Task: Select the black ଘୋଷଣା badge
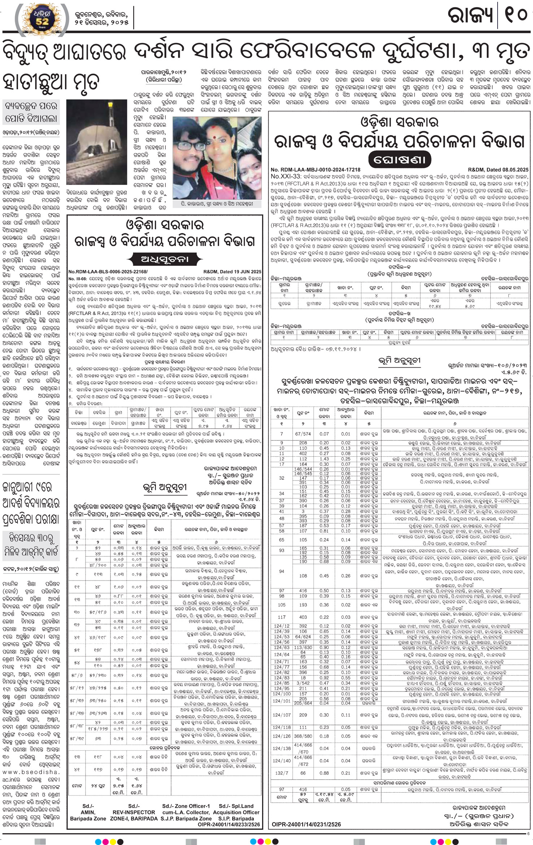[x=400, y=159]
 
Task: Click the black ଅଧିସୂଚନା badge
[x=164, y=259]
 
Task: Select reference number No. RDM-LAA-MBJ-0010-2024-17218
[x=316, y=169]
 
